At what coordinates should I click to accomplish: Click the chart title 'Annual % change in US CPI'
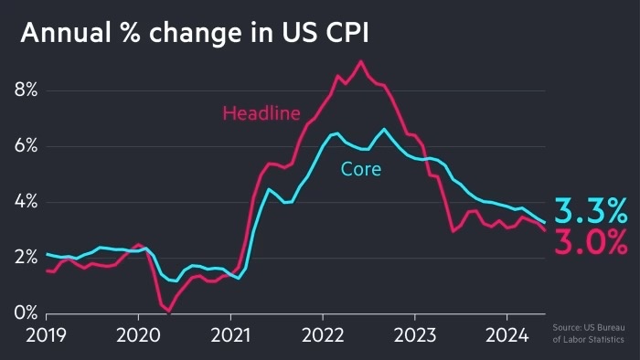(x=195, y=33)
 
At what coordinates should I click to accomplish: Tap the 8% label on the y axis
(x=26, y=90)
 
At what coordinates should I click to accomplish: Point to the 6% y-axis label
(x=26, y=146)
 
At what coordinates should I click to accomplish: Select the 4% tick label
(x=26, y=202)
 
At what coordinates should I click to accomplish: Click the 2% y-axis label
(x=26, y=258)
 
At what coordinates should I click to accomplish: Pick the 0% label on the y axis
(x=26, y=313)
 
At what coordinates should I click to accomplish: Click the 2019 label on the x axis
(x=46, y=335)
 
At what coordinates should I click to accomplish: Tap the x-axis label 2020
(x=138, y=335)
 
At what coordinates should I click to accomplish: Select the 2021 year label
(x=230, y=335)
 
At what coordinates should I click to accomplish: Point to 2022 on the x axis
(x=323, y=335)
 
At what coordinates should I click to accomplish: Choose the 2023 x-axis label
(x=415, y=335)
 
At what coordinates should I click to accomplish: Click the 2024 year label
(x=507, y=335)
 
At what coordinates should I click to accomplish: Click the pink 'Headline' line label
(x=261, y=113)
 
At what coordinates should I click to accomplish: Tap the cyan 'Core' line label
(x=361, y=169)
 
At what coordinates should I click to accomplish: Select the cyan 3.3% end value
(x=591, y=210)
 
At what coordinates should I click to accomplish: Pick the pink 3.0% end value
(x=591, y=242)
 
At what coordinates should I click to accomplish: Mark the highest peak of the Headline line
(x=361, y=61)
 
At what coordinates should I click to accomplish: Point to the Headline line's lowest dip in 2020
(x=168, y=312)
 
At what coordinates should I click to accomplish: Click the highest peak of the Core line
(x=384, y=130)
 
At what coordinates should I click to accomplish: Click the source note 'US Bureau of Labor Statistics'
(x=589, y=334)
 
